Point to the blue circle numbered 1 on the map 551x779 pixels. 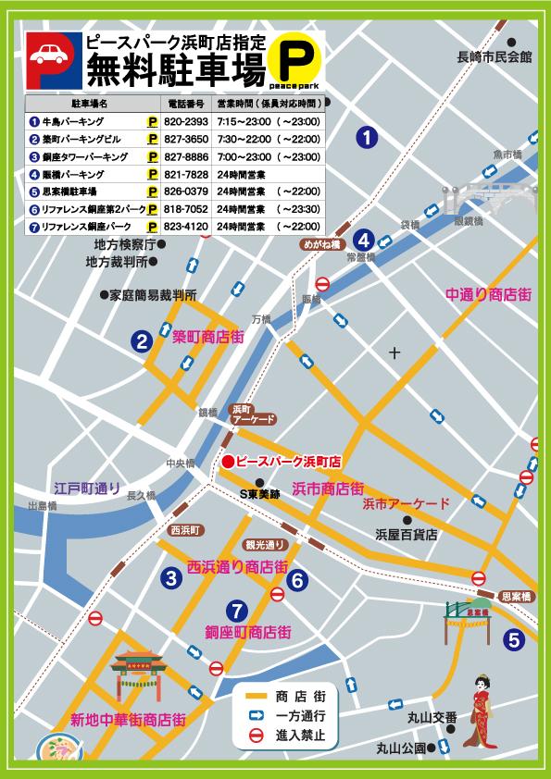click(368, 139)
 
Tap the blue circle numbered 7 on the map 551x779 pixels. click(237, 610)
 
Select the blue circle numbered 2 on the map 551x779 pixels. click(141, 342)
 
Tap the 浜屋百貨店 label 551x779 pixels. click(406, 535)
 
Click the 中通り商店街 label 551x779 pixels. click(487, 294)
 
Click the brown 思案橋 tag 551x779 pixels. click(517, 596)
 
